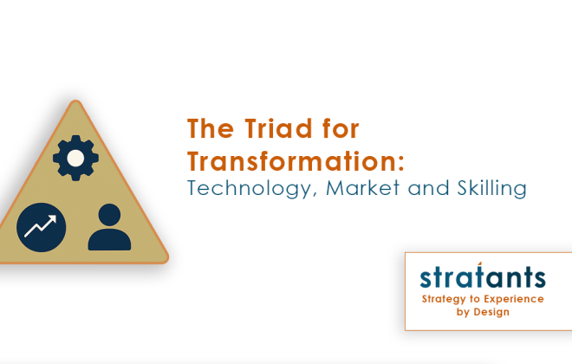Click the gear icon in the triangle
(x=75, y=157)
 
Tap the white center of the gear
(x=75, y=157)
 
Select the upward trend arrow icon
(x=41, y=226)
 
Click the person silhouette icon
(x=109, y=228)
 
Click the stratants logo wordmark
(x=483, y=277)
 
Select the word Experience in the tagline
(x=514, y=299)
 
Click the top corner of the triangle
(x=75, y=103)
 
